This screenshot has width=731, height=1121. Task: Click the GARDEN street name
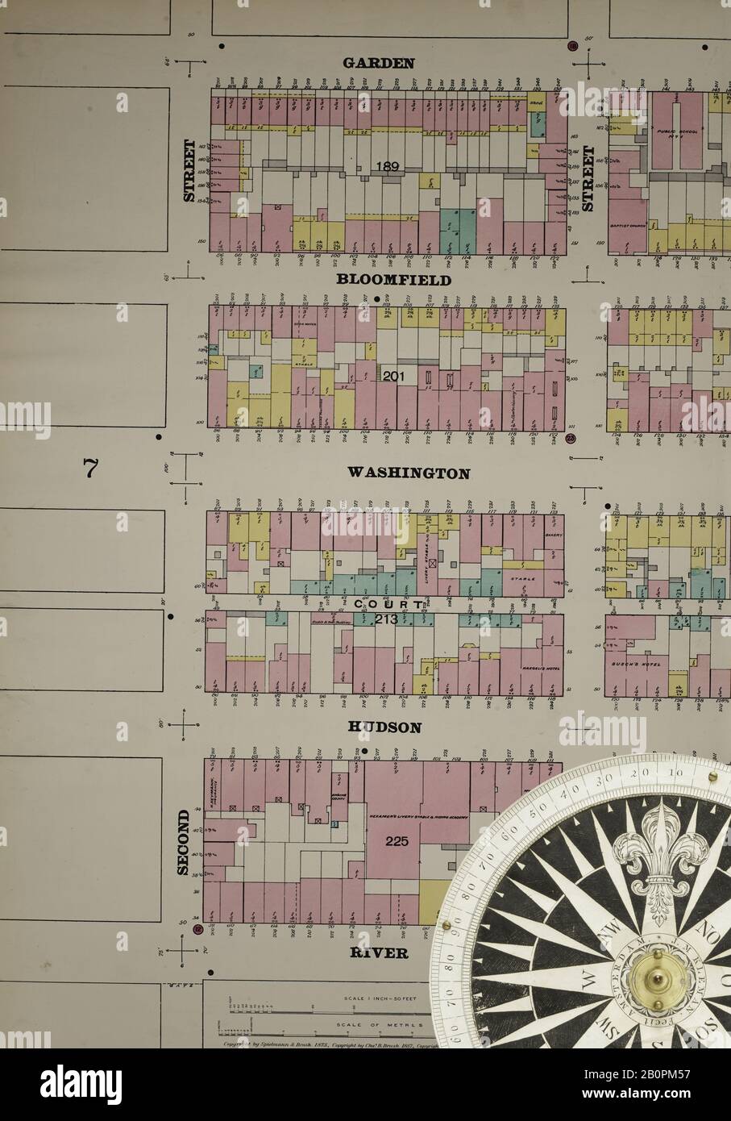(x=379, y=62)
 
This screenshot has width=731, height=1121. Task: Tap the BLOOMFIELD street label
(x=394, y=280)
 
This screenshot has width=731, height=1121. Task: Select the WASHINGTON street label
(x=409, y=473)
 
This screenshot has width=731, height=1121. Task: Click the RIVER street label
(x=379, y=952)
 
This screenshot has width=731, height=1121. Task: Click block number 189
(x=387, y=167)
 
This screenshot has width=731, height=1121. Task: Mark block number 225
(x=397, y=841)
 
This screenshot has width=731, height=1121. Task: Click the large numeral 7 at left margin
(x=90, y=467)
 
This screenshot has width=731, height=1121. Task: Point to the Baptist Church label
(x=624, y=227)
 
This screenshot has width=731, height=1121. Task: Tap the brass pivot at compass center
(x=654, y=979)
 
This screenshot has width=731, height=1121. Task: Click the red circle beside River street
(x=198, y=929)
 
